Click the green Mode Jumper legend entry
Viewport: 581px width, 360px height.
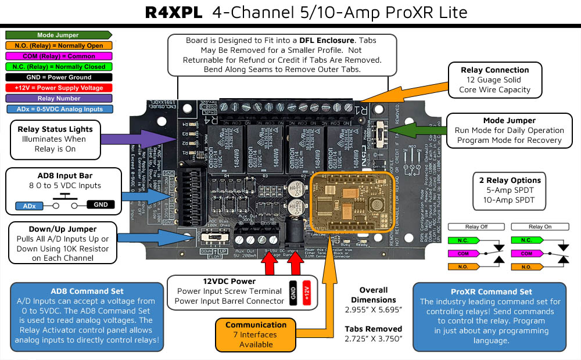pos(58,35)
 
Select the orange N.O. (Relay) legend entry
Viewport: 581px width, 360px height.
pos(58,45)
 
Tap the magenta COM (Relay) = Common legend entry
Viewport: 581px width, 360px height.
pos(58,56)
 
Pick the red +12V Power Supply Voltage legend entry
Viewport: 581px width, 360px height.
pos(58,88)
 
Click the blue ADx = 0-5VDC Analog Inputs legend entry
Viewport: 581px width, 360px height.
pos(58,109)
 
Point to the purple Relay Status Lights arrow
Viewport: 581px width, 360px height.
pos(139,139)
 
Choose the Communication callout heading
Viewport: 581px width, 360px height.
pos(256,325)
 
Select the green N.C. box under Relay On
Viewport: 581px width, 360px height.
pos(526,240)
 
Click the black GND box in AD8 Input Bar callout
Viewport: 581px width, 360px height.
pos(100,204)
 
